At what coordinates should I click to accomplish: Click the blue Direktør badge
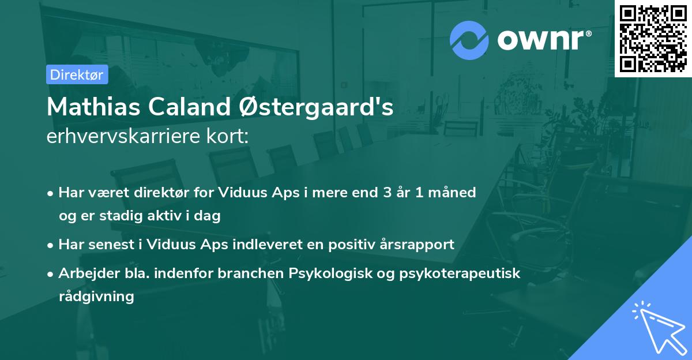(x=77, y=75)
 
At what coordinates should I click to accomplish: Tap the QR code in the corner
(x=653, y=38)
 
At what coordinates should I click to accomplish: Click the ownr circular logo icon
(x=469, y=40)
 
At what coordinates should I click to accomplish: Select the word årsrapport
(x=419, y=245)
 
